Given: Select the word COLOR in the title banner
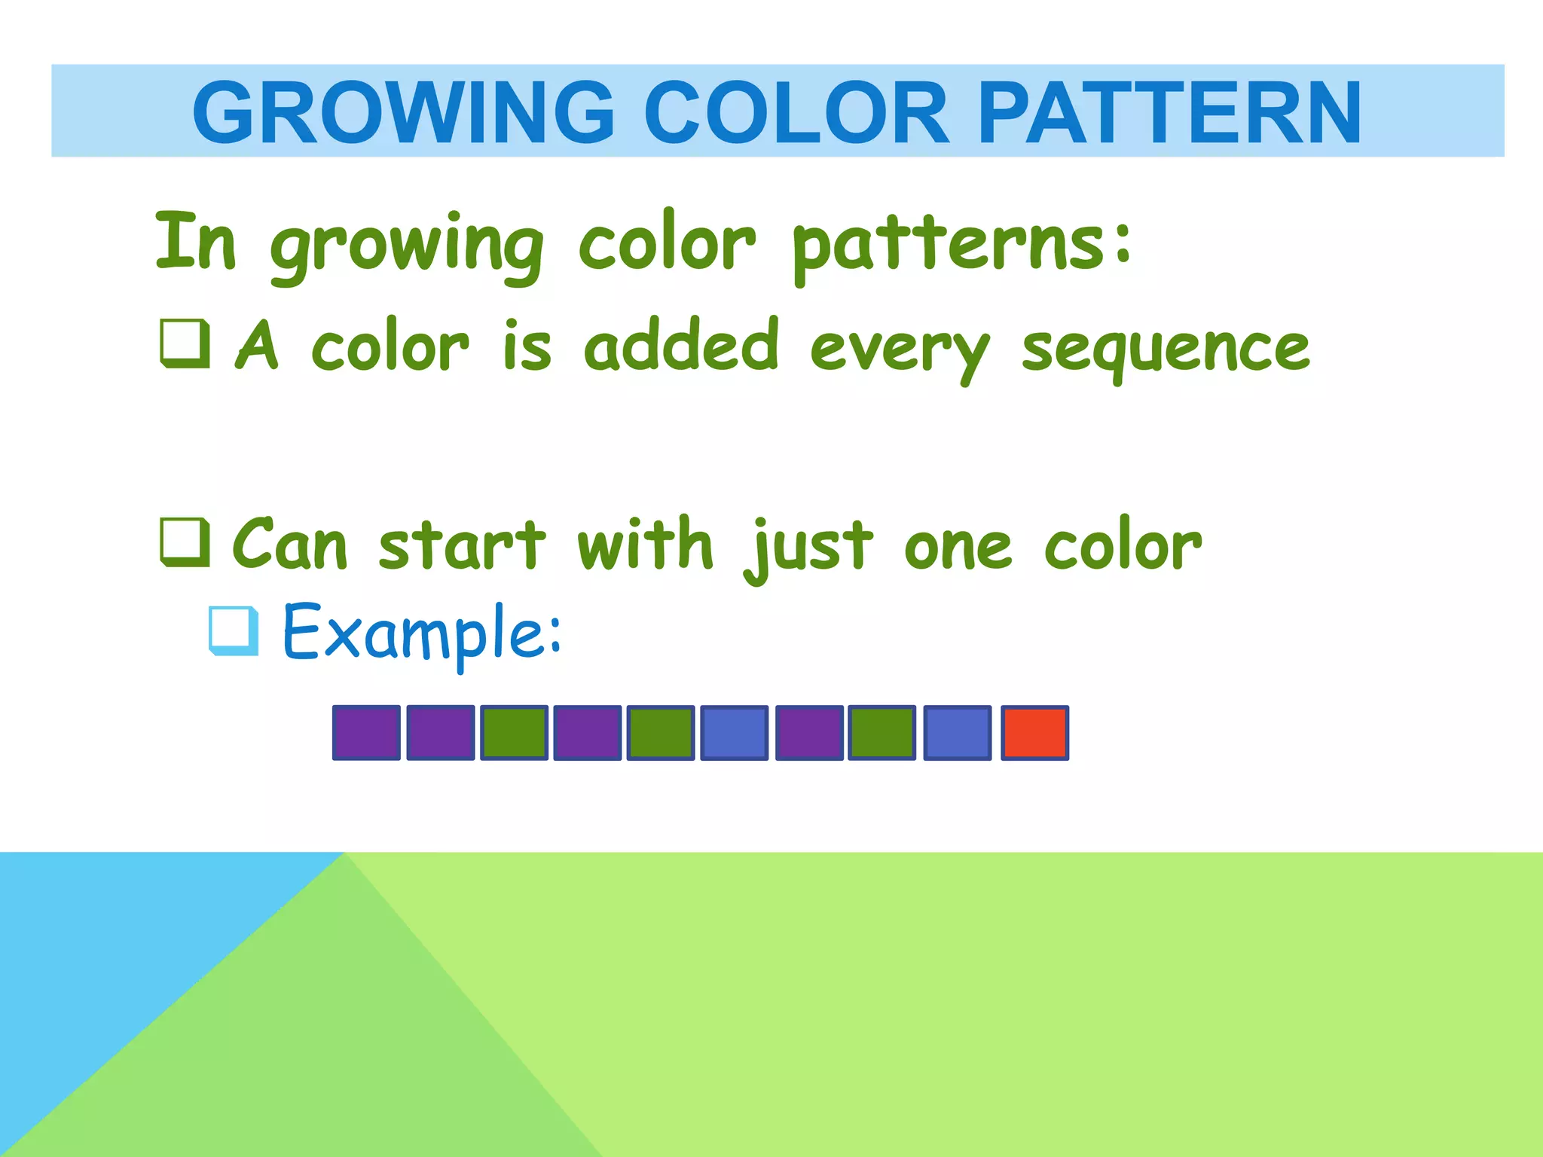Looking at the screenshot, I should point(796,113).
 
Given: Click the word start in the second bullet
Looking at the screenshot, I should point(461,545).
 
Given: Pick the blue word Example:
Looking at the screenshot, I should point(422,633).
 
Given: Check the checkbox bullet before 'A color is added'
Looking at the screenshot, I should point(185,344).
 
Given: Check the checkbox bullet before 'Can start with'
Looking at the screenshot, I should point(185,542).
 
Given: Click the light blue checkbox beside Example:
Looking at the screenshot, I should point(234,630).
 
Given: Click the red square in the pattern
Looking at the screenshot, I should point(1034,733).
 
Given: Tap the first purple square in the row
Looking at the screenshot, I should point(366,733).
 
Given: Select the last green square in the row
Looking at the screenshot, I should point(881,733).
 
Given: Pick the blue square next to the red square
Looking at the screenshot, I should point(957,733).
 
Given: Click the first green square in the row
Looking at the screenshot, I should point(514,733).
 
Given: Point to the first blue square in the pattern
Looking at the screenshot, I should point(734,733).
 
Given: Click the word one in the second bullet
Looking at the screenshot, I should point(958,548).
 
